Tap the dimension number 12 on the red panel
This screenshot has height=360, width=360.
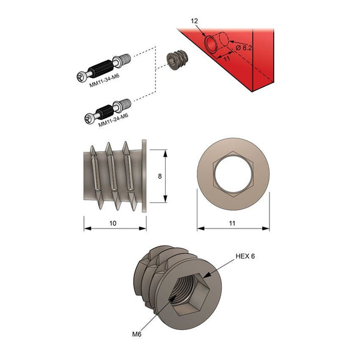coord(194,21)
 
